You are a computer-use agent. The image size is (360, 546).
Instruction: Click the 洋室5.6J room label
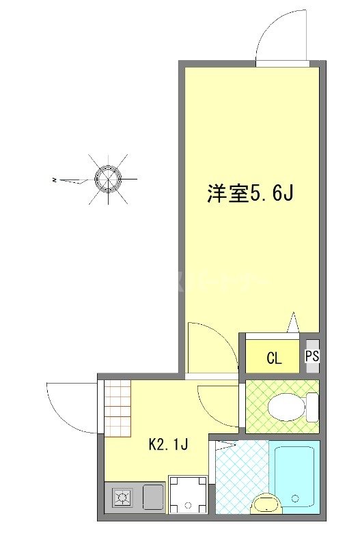[250, 195]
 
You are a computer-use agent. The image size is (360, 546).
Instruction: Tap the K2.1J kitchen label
[168, 445]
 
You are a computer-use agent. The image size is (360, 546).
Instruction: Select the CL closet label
[273, 358]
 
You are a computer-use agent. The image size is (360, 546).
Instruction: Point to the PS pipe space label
[312, 356]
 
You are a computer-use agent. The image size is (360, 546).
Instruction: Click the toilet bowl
[287, 408]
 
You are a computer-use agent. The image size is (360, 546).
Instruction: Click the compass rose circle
[107, 179]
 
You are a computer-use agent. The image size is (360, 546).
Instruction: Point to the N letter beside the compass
[54, 180]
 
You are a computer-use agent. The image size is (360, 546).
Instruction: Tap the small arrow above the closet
[293, 321]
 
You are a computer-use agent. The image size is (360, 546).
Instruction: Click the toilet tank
[313, 408]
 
